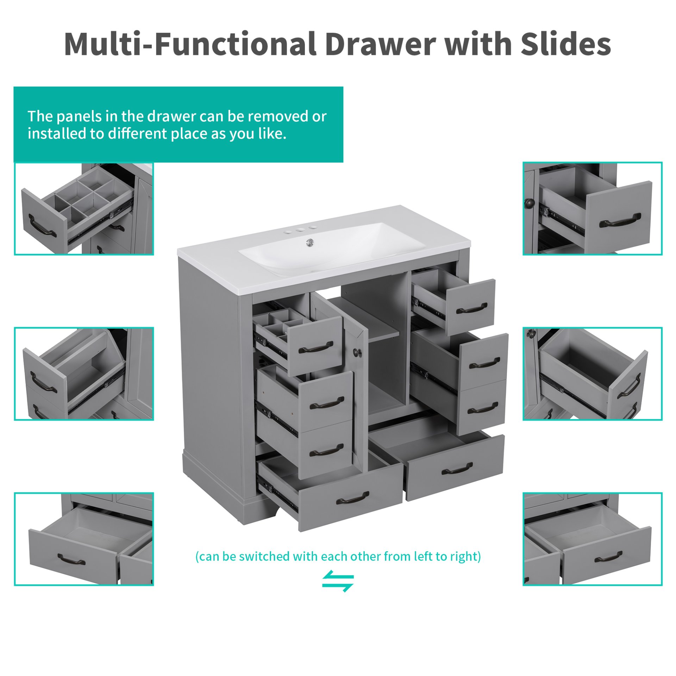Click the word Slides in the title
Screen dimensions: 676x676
pyautogui.click(x=565, y=44)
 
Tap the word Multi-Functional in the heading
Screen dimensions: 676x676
pyautogui.click(x=190, y=44)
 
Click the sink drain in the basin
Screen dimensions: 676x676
pyautogui.click(x=310, y=242)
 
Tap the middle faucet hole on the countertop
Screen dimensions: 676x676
pyautogui.click(x=300, y=230)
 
